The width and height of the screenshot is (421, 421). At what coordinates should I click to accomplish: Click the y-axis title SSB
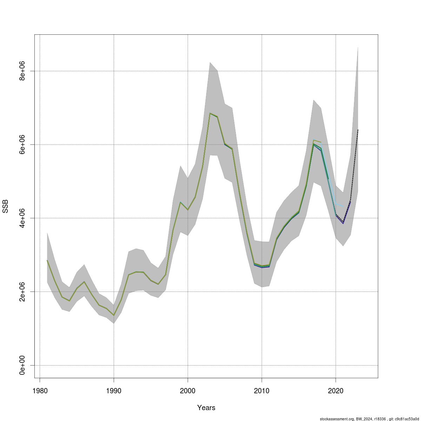[x=6, y=206]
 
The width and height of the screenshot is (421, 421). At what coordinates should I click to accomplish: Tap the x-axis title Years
[x=206, y=408]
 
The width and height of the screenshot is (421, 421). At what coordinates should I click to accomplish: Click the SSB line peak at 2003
[x=210, y=113]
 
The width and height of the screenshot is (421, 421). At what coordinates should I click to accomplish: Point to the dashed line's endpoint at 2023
[x=358, y=130]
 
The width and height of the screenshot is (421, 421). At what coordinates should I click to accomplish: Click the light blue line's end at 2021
[x=343, y=206]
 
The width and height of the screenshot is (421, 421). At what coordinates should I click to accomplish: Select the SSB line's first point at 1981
[x=47, y=260]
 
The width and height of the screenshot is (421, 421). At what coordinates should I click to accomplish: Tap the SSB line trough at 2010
[x=262, y=267]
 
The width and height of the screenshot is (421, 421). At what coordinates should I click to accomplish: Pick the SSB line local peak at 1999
[x=180, y=202]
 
